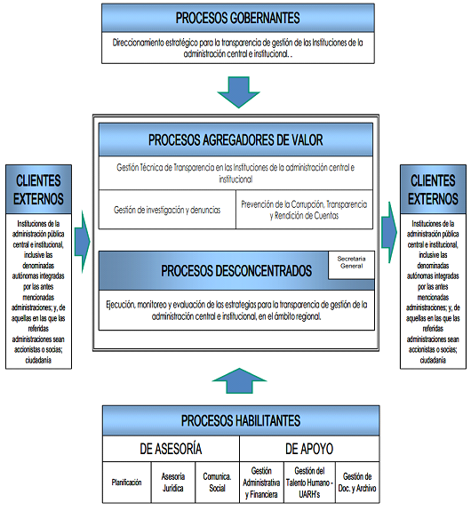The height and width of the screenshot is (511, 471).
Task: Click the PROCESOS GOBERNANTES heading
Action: coord(237,18)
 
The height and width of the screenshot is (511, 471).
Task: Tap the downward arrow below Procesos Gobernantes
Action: coord(238,92)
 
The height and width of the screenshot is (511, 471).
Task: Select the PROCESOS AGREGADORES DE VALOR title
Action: coord(235,140)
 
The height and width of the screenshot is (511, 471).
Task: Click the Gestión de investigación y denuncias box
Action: coord(167,210)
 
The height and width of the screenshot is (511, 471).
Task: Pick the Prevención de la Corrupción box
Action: coord(304,210)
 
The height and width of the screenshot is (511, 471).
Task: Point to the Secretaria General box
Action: coord(351,265)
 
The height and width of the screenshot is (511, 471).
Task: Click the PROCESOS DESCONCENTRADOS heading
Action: coord(236,271)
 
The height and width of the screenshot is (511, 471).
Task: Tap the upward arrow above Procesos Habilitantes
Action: coord(239,380)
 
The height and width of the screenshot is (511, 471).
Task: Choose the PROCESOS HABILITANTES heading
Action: coord(241,420)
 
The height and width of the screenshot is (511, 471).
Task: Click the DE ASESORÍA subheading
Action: coord(171,449)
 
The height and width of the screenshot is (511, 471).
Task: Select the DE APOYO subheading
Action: coord(309,449)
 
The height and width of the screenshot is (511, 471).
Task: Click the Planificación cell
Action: coord(127,483)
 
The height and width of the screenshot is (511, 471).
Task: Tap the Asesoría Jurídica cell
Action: coord(173,483)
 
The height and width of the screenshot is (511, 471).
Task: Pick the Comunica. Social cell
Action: coord(217,483)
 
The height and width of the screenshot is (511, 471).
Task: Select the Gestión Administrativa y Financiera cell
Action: coord(261,483)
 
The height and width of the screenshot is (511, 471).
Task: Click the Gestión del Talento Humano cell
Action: coord(309,483)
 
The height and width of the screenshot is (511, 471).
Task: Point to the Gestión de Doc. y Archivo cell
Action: coord(357,483)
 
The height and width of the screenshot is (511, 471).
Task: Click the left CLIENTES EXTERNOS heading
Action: coord(38,189)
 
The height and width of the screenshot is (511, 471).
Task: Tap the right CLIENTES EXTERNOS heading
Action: coord(433,189)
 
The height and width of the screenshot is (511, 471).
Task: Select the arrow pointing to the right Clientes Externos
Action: coord(389,232)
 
